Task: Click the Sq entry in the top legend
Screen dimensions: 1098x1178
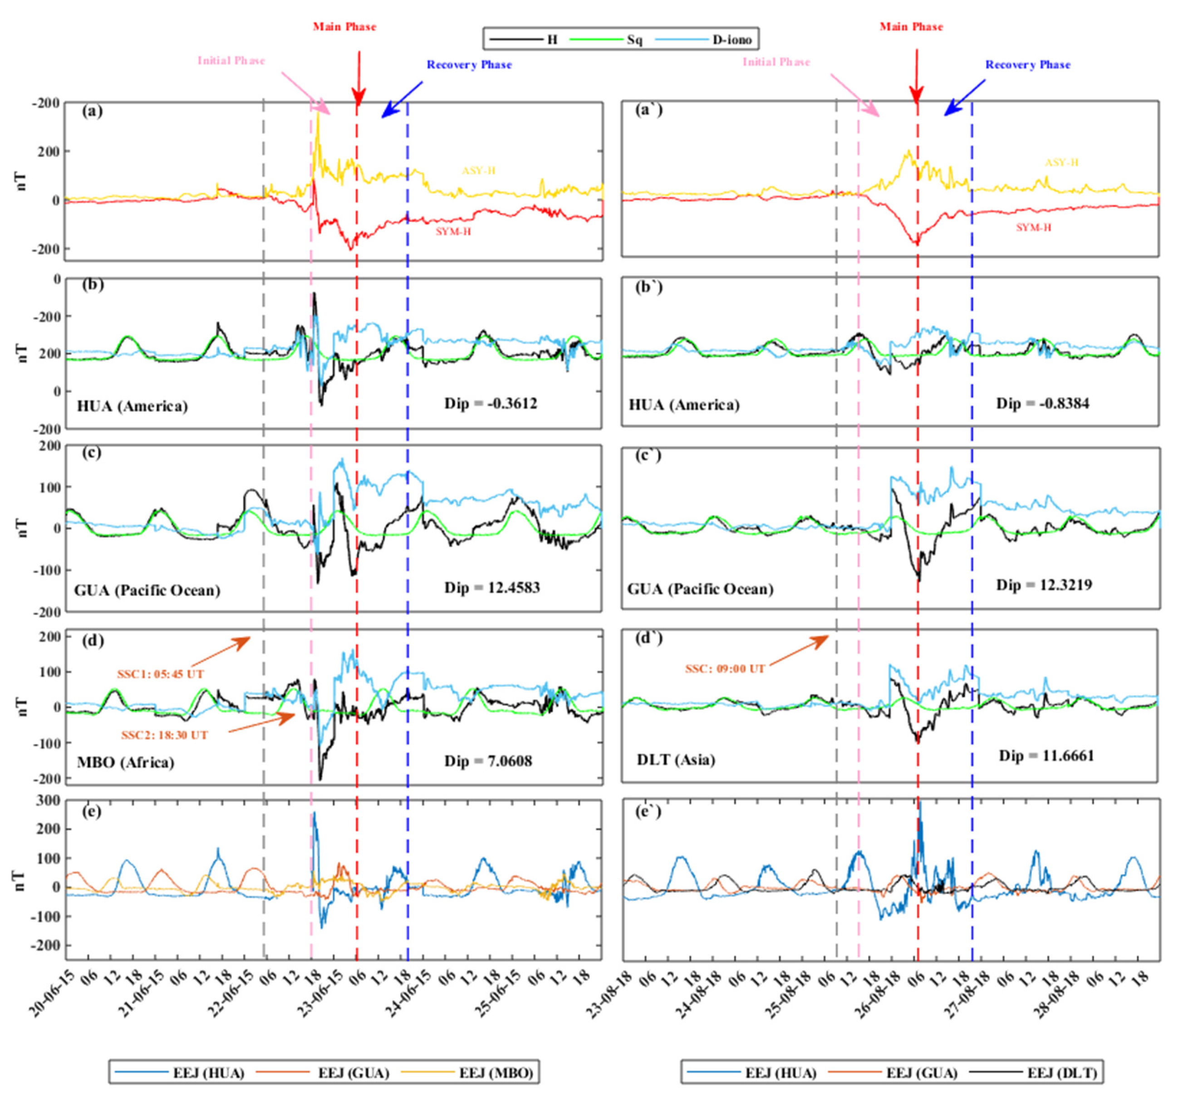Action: pos(634,39)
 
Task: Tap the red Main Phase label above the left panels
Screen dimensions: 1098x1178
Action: pos(344,27)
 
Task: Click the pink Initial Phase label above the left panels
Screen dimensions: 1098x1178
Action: pos(231,60)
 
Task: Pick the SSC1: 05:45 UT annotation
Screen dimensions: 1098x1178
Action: pos(161,674)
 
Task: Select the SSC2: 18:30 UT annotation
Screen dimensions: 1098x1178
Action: pos(165,735)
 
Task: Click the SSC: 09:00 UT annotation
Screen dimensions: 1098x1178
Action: pos(725,669)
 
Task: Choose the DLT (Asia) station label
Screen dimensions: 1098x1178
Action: pos(676,759)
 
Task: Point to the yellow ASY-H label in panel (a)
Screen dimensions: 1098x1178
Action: pos(478,171)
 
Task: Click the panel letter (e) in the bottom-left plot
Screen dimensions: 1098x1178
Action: pos(92,811)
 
